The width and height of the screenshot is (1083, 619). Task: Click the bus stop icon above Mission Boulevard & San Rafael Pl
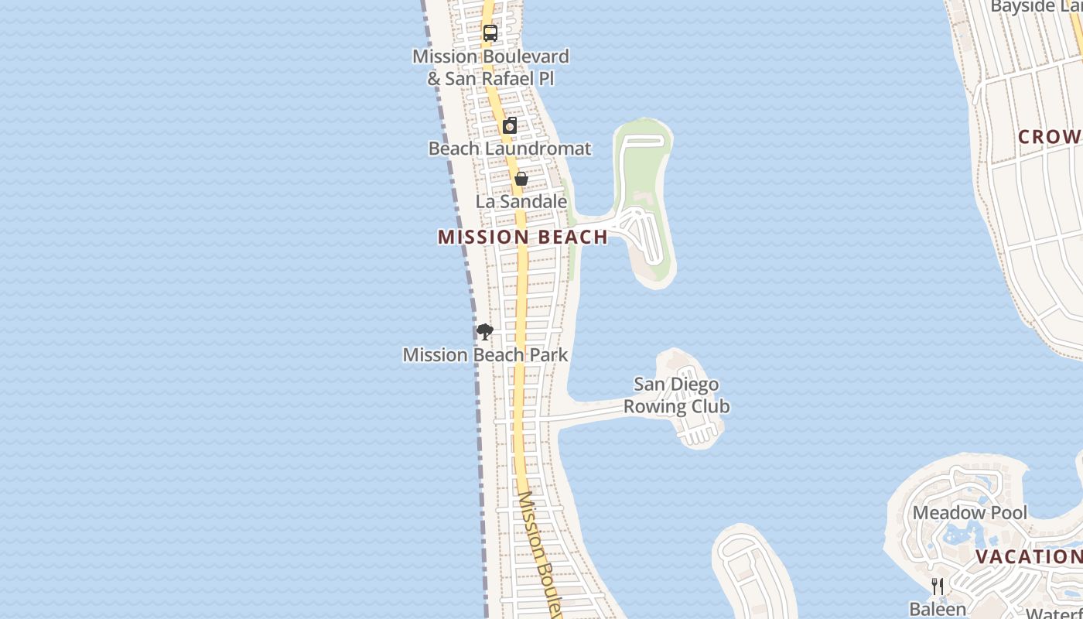(x=490, y=33)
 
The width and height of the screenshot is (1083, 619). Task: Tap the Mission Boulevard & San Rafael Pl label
(x=490, y=67)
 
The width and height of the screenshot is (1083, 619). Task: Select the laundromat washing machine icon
(x=510, y=126)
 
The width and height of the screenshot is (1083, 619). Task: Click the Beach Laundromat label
(x=510, y=149)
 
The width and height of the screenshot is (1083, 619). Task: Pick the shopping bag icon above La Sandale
(x=521, y=179)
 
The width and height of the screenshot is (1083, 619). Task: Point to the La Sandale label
(x=521, y=202)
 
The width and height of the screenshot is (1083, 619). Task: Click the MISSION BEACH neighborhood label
(x=523, y=238)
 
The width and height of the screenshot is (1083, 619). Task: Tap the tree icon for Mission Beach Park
(x=485, y=333)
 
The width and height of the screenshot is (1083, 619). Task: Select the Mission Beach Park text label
(x=486, y=355)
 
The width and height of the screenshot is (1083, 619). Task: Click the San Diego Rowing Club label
(x=676, y=395)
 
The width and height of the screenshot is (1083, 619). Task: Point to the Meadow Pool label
(x=970, y=513)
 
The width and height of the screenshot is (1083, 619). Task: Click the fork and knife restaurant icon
(x=938, y=587)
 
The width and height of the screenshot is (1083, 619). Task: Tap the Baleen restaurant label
(x=938, y=609)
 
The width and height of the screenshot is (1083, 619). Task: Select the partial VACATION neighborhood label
(x=1028, y=557)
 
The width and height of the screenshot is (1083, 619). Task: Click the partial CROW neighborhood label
(x=1050, y=138)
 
